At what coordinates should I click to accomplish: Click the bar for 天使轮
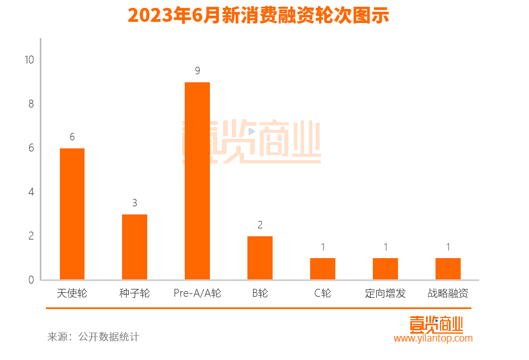tap(72, 214)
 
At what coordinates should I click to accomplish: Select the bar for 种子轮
tap(134, 247)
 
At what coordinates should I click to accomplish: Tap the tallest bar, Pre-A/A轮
tap(197, 181)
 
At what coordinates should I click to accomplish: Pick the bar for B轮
tap(260, 258)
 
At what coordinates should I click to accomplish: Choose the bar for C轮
tap(322, 269)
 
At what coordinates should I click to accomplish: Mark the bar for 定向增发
tap(385, 269)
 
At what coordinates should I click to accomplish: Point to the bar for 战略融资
tap(448, 269)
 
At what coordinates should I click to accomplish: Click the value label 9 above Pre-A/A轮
tap(198, 71)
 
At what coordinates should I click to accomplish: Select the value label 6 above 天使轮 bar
tap(72, 137)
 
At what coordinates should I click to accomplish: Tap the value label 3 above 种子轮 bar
tap(135, 203)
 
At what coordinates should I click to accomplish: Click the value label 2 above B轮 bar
tap(260, 225)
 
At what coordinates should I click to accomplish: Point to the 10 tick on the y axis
tap(29, 59)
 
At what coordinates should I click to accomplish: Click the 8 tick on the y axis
tap(31, 104)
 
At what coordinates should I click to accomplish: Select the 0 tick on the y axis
tap(31, 280)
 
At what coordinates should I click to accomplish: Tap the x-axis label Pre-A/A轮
tap(197, 293)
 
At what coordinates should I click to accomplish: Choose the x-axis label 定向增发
tap(385, 293)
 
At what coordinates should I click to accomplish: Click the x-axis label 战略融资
tap(448, 293)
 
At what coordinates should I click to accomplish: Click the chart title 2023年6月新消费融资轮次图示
tap(258, 16)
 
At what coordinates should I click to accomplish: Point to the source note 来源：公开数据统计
tap(93, 337)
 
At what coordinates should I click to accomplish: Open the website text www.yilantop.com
tap(433, 338)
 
